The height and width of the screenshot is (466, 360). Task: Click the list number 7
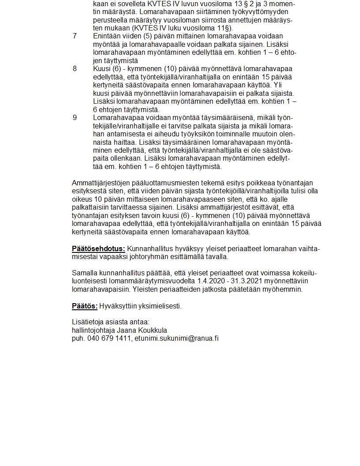click(75, 36)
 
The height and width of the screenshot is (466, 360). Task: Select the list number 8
click(75, 68)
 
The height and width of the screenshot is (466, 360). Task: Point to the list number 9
click(75, 118)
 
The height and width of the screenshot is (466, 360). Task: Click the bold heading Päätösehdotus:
click(98, 248)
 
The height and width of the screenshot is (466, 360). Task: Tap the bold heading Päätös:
click(85, 306)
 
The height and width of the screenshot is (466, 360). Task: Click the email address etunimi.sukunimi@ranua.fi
click(177, 338)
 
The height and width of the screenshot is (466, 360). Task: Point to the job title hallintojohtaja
click(94, 330)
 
